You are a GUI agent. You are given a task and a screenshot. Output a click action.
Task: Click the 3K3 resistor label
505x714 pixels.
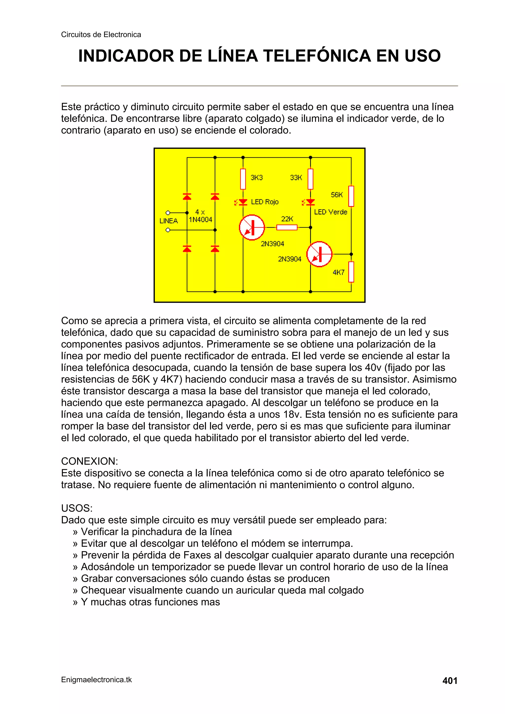[256, 177]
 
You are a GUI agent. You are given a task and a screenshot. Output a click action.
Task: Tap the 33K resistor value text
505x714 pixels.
[296, 177]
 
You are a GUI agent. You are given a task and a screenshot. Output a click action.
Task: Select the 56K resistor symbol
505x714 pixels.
[351, 196]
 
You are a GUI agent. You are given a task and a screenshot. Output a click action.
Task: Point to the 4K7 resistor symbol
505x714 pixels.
[351, 272]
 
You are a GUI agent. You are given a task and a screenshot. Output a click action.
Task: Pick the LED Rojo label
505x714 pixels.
[265, 202]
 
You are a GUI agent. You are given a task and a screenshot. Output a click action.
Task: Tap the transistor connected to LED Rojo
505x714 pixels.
[252, 227]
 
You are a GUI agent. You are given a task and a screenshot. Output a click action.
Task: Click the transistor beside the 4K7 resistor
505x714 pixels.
[319, 254]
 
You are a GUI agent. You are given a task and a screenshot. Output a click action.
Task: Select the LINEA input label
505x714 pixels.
[169, 221]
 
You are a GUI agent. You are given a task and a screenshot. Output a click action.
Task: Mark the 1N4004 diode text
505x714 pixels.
[200, 220]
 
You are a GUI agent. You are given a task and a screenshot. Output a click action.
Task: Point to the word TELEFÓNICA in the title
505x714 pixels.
[317, 56]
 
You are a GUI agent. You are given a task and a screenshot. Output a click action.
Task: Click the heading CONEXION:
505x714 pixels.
[90, 461]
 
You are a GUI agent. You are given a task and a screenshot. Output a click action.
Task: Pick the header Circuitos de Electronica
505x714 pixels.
[101, 35]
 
